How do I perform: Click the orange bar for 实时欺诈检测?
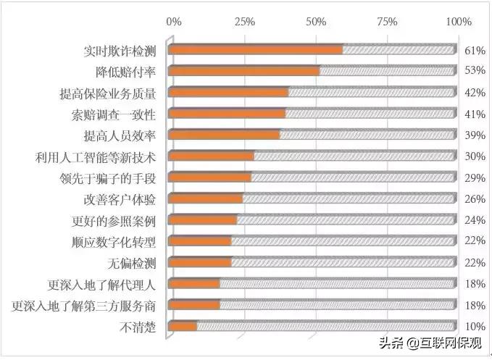(255, 50)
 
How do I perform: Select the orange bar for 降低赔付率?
(244, 71)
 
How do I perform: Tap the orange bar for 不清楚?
(183, 327)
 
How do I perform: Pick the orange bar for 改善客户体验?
(206, 198)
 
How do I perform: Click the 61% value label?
(474, 51)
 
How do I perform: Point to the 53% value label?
(474, 72)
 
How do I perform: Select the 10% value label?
(474, 327)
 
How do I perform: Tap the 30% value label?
(474, 156)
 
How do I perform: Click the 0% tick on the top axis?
(174, 22)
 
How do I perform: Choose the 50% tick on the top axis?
(317, 22)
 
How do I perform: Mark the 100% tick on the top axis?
(458, 22)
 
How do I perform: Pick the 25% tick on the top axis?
(245, 22)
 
